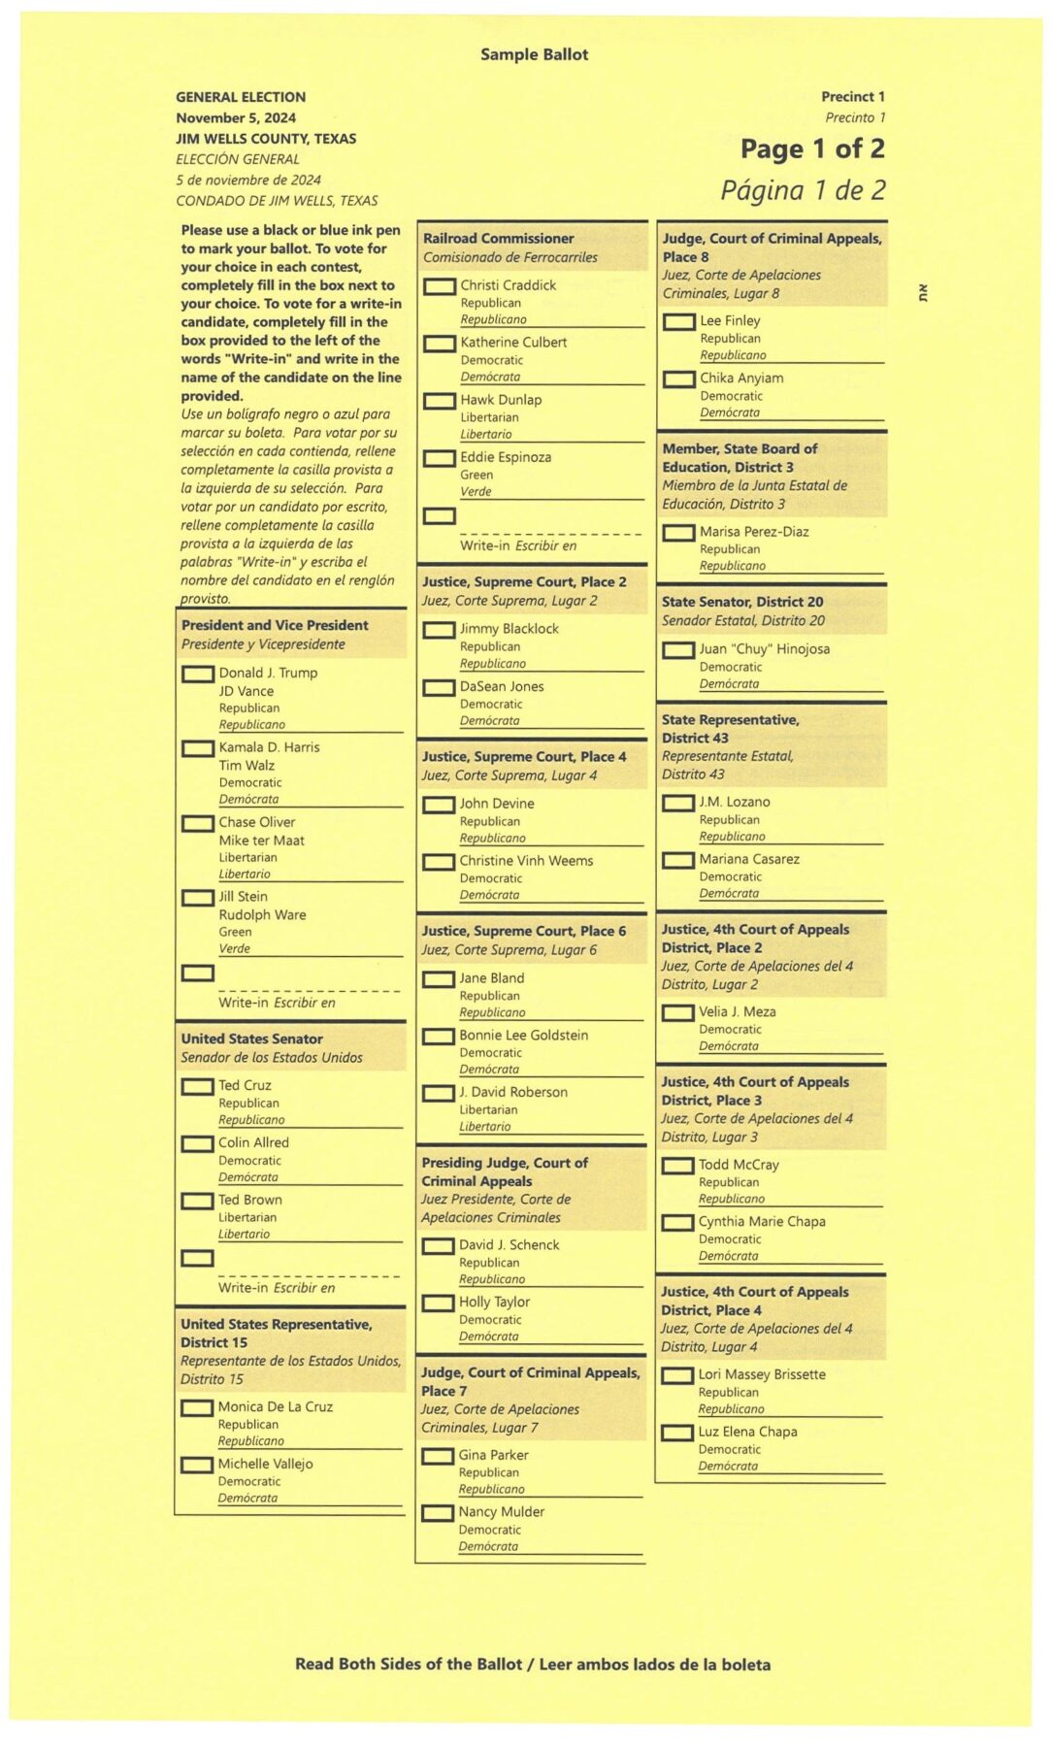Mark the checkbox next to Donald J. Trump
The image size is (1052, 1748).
coord(198,673)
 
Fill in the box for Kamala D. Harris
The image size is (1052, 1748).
coord(198,748)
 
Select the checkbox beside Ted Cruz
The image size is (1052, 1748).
coord(197,1086)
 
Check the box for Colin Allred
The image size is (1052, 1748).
coord(197,1143)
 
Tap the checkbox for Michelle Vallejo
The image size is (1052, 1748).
coord(197,1465)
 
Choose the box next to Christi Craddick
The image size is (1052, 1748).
coord(440,286)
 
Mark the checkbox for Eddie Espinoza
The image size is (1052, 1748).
coord(440,458)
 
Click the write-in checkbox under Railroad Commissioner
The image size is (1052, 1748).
coord(440,515)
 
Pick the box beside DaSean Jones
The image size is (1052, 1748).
coord(439,687)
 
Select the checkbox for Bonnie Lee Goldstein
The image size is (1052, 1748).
coord(439,1036)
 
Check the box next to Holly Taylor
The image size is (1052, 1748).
coord(439,1303)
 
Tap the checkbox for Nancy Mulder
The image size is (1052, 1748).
coord(438,1512)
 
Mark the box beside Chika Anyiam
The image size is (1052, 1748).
coord(679,379)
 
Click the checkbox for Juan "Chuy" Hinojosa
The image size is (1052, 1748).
coord(678,649)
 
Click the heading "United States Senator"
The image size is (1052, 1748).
coord(251,1039)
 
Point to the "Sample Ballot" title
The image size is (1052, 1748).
coord(534,54)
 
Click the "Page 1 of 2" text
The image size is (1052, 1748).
coord(812,148)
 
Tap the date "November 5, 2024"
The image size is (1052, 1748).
coord(236,117)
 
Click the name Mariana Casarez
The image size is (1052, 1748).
coord(749,859)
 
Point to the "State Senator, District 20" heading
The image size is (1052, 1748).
coord(742,602)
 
